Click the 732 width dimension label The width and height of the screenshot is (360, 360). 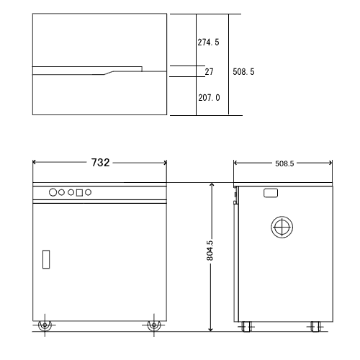click(x=100, y=163)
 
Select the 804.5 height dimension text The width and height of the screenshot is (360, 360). click(x=210, y=251)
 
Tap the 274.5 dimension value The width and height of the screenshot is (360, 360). click(x=208, y=42)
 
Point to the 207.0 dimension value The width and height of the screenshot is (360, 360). click(x=208, y=97)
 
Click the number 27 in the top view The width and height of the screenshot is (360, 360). click(x=209, y=72)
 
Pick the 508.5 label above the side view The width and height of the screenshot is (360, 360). click(x=284, y=163)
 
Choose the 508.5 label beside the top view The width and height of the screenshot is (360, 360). click(x=244, y=72)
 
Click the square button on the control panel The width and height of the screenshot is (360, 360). click(x=79, y=193)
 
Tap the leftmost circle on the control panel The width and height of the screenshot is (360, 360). click(x=53, y=192)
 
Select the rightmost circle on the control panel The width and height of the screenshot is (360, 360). click(x=89, y=192)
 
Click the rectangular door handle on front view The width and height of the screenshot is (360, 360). click(x=46, y=258)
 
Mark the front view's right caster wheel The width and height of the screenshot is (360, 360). click(x=153, y=325)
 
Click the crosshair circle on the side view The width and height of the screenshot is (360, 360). click(x=281, y=227)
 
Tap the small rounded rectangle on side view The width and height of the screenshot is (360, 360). click(x=271, y=193)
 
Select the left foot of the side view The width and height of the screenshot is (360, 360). click(x=248, y=326)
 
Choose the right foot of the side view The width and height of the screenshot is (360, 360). click(x=316, y=326)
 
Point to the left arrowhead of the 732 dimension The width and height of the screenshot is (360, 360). click(x=35, y=163)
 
